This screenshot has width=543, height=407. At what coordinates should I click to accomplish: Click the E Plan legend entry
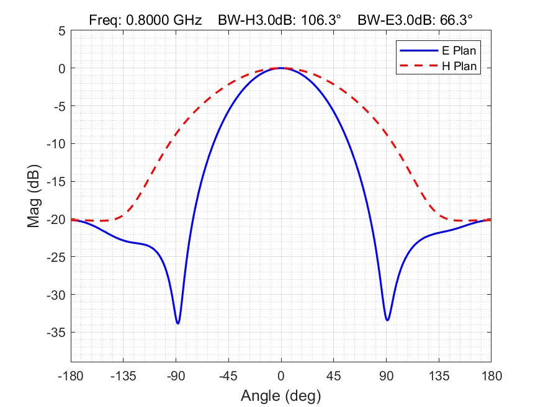(x=459, y=51)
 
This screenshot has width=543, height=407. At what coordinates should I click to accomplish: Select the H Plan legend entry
(x=459, y=65)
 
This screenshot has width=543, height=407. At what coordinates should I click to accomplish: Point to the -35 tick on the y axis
(x=56, y=333)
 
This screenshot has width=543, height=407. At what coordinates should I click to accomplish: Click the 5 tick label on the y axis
(x=61, y=30)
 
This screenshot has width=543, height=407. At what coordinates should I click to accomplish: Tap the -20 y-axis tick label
(x=56, y=220)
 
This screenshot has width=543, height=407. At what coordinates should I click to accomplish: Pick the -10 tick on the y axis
(x=56, y=144)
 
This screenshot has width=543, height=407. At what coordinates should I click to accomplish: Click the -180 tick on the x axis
(x=71, y=375)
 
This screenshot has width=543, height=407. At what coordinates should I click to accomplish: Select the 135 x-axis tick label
(x=439, y=375)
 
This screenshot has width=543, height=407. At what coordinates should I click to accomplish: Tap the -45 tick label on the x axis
(x=228, y=375)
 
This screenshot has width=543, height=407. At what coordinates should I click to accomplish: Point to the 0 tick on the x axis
(x=281, y=375)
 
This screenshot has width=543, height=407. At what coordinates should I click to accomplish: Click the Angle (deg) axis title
(x=280, y=395)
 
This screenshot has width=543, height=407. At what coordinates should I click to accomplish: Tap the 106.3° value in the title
(x=322, y=20)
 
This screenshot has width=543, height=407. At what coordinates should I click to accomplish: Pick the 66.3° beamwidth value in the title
(x=455, y=20)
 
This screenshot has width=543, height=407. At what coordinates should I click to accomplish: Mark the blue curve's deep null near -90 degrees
(x=177, y=323)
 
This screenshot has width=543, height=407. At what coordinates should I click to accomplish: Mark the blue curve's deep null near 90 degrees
(x=387, y=320)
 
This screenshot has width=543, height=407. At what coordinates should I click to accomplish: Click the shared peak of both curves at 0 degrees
(x=281, y=68)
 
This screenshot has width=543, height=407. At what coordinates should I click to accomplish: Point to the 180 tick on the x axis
(x=491, y=375)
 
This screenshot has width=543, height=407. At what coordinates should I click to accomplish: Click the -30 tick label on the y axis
(x=56, y=295)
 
